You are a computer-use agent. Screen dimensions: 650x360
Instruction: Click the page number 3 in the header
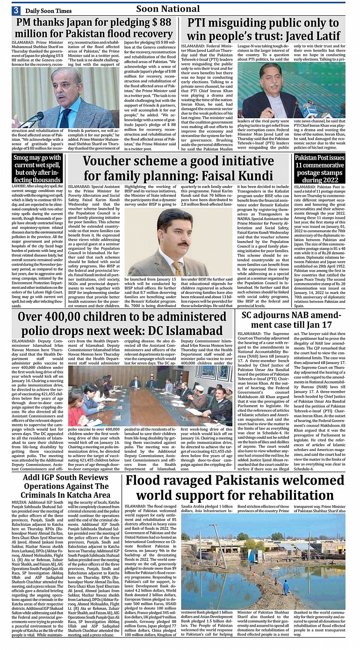tap(15, 10)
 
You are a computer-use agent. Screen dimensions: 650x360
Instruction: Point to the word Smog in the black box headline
tap(22, 158)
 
